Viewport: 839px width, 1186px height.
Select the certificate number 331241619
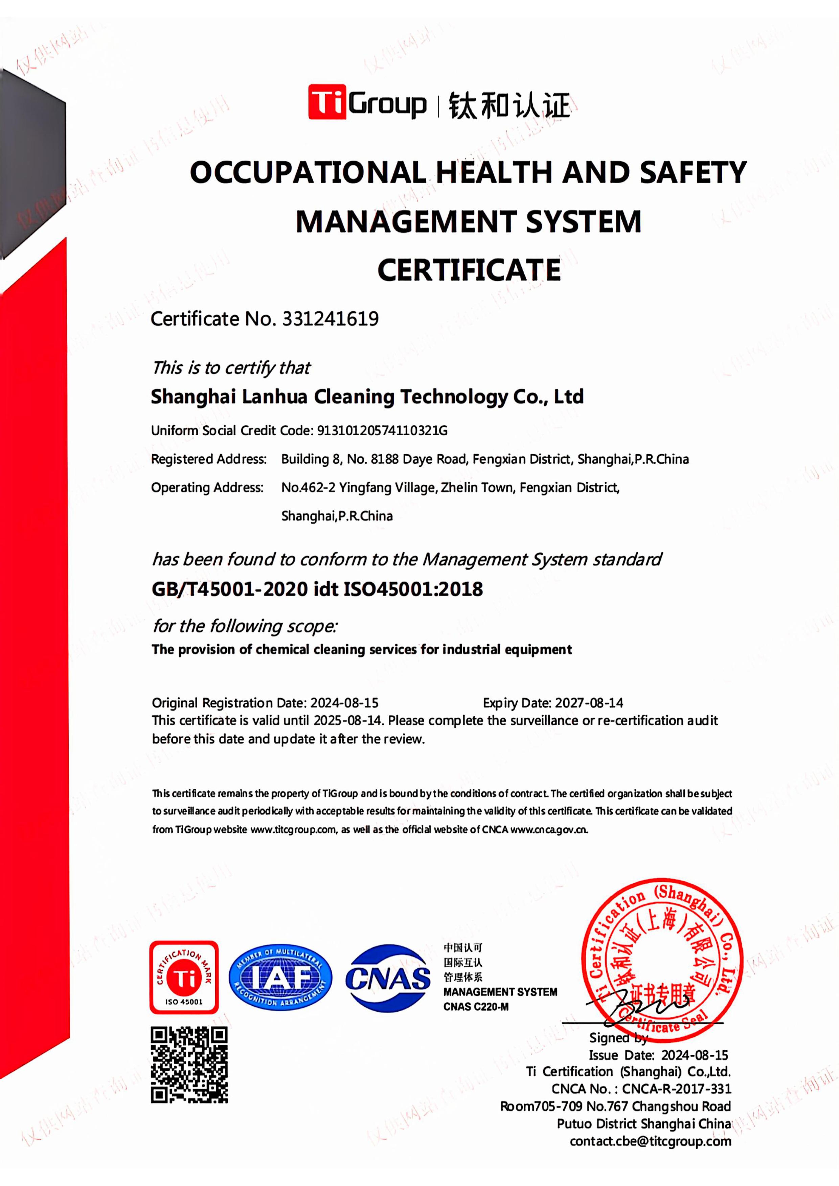pos(330,319)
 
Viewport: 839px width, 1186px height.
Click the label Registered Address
pos(209,459)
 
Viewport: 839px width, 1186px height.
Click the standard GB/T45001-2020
pos(230,589)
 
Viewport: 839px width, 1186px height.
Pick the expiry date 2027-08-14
pos(589,703)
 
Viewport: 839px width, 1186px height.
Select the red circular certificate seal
pos(662,954)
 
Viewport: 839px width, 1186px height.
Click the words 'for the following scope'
pos(245,626)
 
